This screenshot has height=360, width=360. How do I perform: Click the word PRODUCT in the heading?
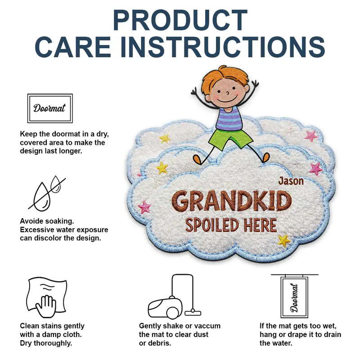[180, 20]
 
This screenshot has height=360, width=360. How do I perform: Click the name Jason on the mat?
[291, 181]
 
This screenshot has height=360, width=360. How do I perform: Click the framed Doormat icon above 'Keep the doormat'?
[49, 108]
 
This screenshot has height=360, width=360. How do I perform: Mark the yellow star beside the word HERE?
[284, 240]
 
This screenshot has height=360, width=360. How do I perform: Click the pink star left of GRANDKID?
[144, 207]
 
